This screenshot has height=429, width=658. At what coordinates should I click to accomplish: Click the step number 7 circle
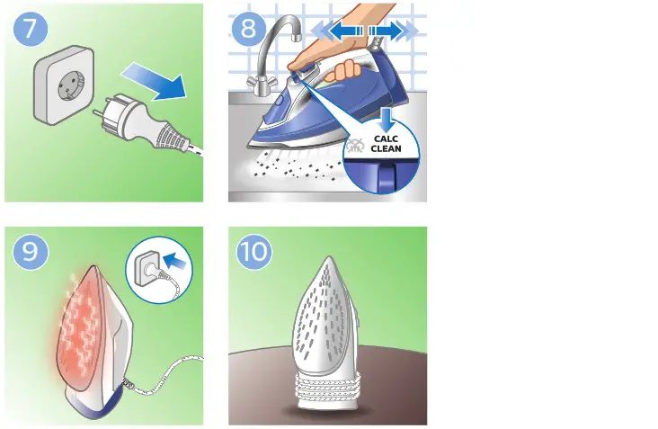coord(30,29)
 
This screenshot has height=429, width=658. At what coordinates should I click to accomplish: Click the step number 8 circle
coord(249,29)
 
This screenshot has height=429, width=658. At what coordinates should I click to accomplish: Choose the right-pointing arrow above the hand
coord(393,31)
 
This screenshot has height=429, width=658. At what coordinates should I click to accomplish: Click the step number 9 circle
coord(30,253)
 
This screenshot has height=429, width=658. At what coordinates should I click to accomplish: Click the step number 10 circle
coord(253,253)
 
